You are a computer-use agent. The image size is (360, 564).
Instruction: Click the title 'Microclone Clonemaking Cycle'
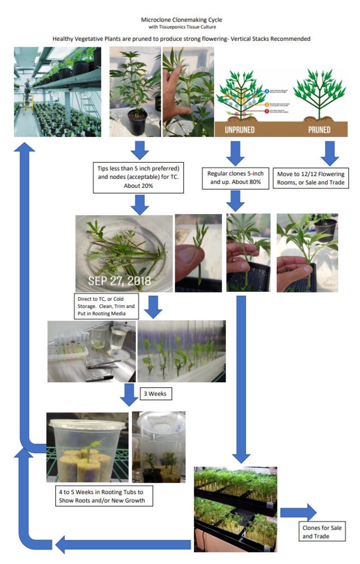click(x=181, y=20)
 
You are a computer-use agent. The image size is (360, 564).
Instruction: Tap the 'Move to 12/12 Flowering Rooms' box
click(x=311, y=178)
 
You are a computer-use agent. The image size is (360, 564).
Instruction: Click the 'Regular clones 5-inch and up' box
click(x=235, y=178)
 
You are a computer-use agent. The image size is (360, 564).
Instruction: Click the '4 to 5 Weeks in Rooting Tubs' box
click(x=102, y=496)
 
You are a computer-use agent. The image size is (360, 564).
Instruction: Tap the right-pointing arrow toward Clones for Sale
click(x=298, y=512)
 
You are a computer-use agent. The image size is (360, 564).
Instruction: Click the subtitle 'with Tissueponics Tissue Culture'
click(x=181, y=27)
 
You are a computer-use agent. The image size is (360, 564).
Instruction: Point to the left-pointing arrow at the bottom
click(x=122, y=544)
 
